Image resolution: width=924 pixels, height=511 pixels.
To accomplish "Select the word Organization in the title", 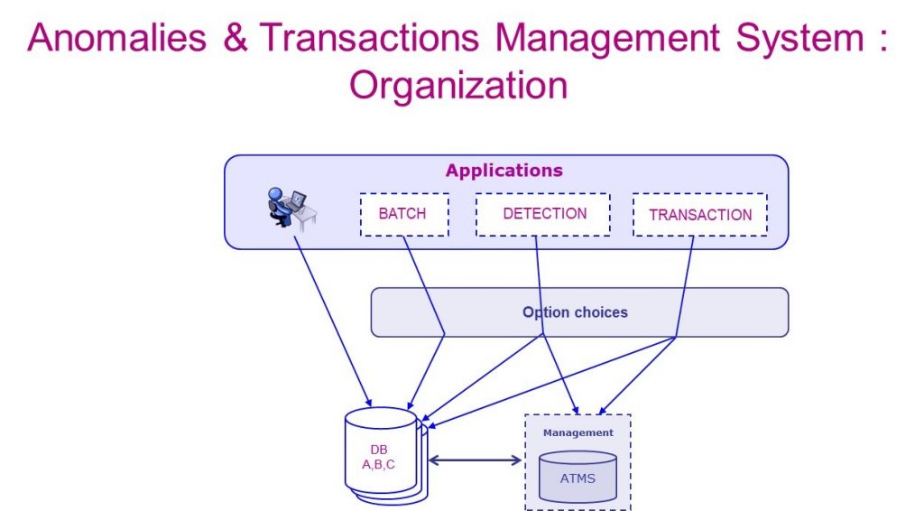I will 458,86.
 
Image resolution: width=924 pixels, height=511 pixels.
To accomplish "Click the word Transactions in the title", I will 371,40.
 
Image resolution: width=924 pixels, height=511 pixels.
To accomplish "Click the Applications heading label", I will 504,171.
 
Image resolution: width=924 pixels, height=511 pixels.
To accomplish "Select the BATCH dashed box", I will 403,215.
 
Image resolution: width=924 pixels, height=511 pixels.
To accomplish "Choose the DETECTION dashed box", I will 543,215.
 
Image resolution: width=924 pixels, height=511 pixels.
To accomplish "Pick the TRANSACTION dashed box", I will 699,215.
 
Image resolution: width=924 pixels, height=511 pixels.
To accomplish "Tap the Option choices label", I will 575,312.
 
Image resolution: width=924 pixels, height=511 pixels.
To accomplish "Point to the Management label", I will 577,433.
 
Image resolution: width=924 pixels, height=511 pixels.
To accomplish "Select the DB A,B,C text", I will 379,457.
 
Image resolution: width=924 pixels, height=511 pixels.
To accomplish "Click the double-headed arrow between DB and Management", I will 476,460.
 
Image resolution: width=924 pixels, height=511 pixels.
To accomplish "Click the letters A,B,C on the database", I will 379,465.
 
